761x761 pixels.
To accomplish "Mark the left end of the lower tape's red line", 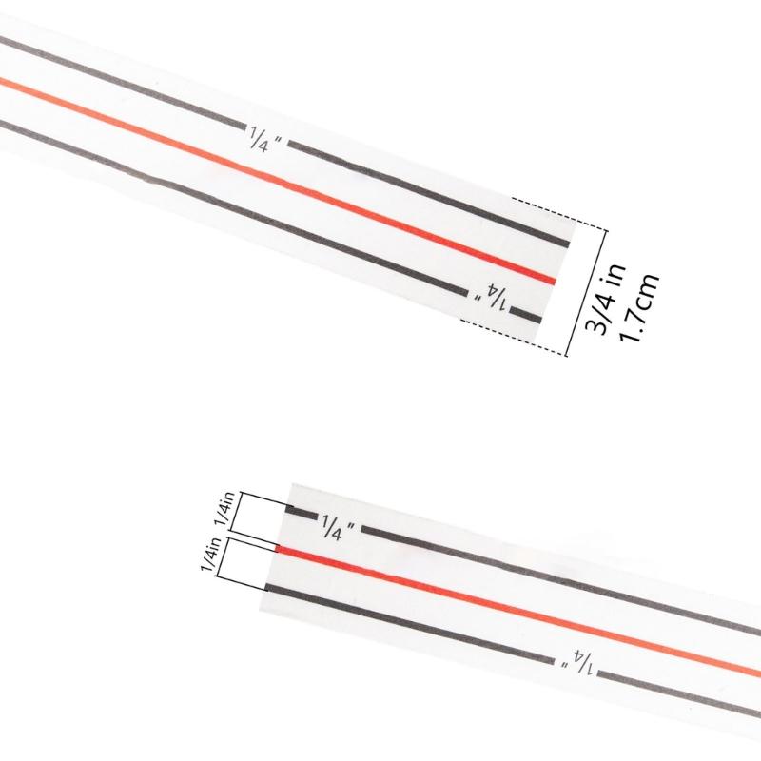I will pos(277,549).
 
